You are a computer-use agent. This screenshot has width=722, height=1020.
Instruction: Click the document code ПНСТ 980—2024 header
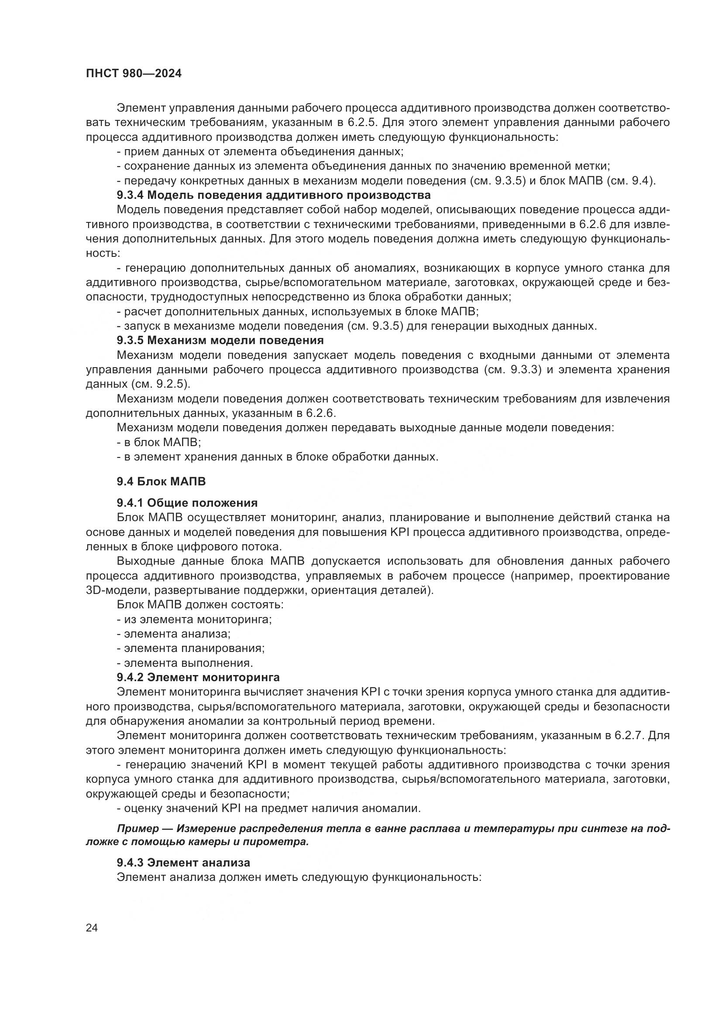(134, 74)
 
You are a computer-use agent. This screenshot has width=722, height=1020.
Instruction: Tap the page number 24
(92, 928)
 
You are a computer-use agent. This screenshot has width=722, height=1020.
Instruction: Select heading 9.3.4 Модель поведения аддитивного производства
(273, 195)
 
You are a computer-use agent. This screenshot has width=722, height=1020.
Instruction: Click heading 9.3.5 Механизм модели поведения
(220, 341)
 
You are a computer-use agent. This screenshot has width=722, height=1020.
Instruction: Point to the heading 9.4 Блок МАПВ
(162, 481)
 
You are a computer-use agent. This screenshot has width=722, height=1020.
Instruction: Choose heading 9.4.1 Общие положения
(187, 503)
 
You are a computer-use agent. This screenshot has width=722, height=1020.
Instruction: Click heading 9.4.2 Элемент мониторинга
(198, 678)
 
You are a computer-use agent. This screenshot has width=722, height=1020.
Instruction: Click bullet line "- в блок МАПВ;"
(159, 443)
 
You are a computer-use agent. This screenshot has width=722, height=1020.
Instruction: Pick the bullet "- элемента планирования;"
(191, 648)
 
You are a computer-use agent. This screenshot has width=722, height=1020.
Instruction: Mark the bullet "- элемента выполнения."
(185, 663)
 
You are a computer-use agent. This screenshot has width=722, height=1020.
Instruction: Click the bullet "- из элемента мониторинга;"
(194, 619)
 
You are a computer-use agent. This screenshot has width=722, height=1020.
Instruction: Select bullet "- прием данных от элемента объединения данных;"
(260, 152)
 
